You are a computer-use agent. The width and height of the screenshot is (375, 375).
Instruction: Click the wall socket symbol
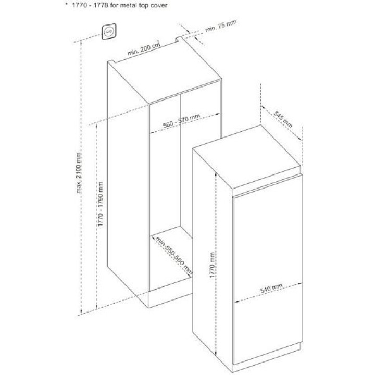pyautogui.click(x=109, y=31)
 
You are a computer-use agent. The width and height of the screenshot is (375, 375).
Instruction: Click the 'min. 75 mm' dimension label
pyautogui.click(x=221, y=26)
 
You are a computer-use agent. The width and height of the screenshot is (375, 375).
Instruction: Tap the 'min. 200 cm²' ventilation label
pyautogui.click(x=144, y=48)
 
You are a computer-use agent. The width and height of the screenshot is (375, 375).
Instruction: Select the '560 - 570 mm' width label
pyautogui.click(x=181, y=120)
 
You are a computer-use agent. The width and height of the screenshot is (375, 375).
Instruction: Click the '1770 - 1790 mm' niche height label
pyautogui.click(x=100, y=204)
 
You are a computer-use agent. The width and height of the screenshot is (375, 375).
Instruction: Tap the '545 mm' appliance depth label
pyautogui.click(x=283, y=120)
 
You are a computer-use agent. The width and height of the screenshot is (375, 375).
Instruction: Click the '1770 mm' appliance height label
pyautogui.click(x=212, y=265)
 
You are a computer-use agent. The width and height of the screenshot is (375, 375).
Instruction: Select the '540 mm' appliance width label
pyautogui.click(x=271, y=288)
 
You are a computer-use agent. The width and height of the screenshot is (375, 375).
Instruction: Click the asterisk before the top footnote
pyautogui.click(x=67, y=4)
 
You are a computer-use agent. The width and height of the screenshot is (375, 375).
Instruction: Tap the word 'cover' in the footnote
pyautogui.click(x=159, y=5)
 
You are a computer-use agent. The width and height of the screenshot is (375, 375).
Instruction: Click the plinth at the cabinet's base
pyautogui.click(x=170, y=299)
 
